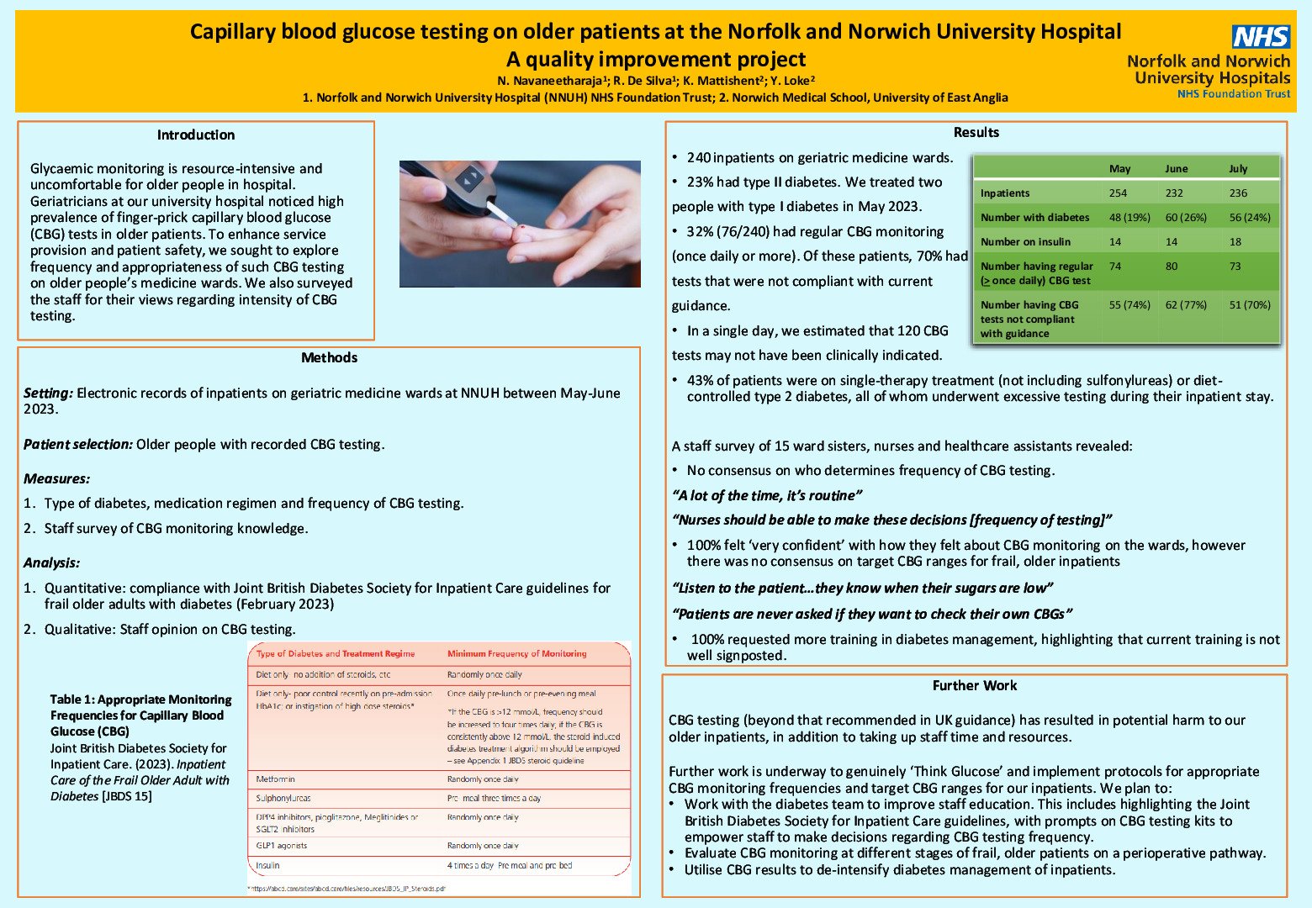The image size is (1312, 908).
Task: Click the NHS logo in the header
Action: click(1261, 37)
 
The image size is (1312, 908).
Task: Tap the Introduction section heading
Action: click(196, 135)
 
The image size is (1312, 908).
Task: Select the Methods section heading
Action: click(329, 357)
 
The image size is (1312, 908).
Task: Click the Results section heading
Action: click(976, 132)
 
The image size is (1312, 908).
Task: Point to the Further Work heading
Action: click(975, 685)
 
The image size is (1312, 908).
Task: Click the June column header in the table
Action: click(1176, 168)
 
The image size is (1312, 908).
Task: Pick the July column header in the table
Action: click(1238, 168)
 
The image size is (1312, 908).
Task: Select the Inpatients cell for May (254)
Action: click(1118, 193)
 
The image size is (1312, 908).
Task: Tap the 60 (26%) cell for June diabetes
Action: click(1185, 217)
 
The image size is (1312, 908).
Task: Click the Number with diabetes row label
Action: click(1034, 217)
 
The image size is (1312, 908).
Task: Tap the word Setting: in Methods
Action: click(48, 393)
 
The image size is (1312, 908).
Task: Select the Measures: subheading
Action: click(56, 478)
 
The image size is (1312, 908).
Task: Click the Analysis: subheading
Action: click(52, 562)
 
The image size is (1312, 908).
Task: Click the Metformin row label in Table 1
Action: click(275, 779)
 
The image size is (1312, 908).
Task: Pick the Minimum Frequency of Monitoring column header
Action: click(516, 653)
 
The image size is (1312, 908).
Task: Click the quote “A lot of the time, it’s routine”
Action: click(766, 495)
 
